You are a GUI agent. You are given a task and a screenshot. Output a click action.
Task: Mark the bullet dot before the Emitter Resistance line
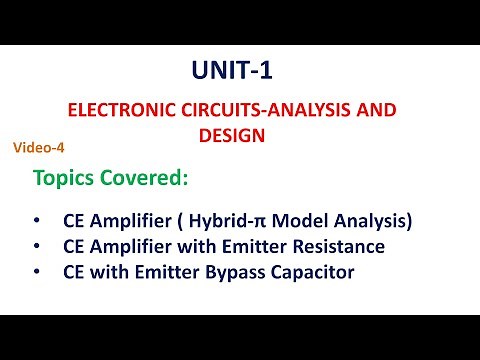(37, 245)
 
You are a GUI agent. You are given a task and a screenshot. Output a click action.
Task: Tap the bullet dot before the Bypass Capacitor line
(37, 270)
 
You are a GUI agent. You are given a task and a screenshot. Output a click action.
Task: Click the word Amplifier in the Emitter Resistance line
(127, 245)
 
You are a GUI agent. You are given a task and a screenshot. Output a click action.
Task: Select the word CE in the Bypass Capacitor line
(73, 270)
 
